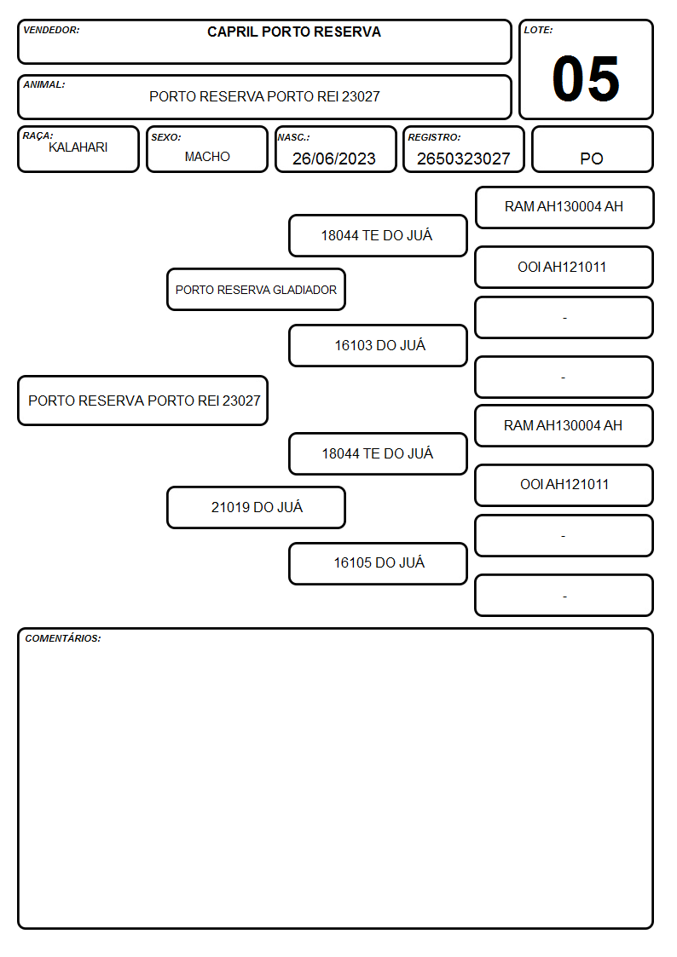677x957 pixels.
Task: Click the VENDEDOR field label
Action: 51,30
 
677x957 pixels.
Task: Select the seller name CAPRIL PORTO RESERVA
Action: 293,32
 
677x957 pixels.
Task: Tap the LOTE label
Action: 538,30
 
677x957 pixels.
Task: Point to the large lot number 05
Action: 586,78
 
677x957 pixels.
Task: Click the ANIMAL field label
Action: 44,85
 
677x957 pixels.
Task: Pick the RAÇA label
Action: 38,135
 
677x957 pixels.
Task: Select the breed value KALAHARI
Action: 78,147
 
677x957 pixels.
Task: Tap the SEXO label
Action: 166,137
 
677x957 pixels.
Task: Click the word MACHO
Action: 207,157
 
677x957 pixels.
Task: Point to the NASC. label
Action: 293,137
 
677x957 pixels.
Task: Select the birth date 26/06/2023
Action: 334,159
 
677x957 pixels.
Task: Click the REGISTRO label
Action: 434,137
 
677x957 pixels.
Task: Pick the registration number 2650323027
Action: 463,159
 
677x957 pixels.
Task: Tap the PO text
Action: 592,159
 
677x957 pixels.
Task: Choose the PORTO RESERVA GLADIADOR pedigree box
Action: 257,290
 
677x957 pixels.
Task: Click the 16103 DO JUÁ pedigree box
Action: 379,345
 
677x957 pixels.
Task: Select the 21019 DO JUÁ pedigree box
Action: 257,507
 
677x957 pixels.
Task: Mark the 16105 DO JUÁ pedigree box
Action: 379,563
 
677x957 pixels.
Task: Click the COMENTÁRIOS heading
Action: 63,638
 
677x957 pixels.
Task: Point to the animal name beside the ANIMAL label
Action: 265,96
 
